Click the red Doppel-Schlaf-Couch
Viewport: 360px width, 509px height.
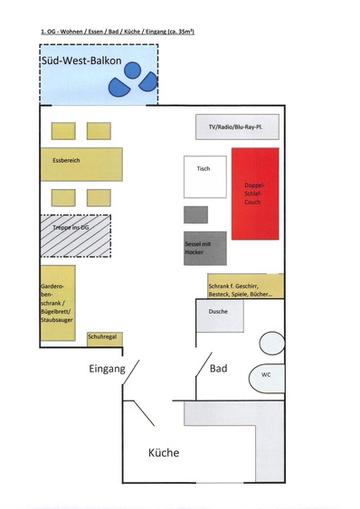[x=255, y=193]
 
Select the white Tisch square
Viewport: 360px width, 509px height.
[x=204, y=176]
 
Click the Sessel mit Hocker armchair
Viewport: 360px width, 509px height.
[x=204, y=248]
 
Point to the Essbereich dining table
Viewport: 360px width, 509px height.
[x=81, y=164]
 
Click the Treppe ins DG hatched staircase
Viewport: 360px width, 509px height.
[x=75, y=235]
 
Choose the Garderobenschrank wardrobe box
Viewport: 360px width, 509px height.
[x=57, y=302]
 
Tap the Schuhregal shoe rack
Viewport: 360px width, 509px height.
[x=102, y=339]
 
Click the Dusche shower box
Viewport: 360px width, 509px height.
[x=220, y=316]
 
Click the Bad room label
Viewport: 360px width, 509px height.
[x=218, y=369]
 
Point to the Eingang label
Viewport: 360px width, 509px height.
[x=106, y=369]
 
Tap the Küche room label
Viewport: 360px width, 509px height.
[x=163, y=453]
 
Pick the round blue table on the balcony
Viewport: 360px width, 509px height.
[x=132, y=70]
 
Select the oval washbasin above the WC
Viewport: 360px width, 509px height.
[x=271, y=343]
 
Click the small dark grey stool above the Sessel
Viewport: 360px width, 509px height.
[x=195, y=214]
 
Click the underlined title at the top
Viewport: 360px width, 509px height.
[x=118, y=31]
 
